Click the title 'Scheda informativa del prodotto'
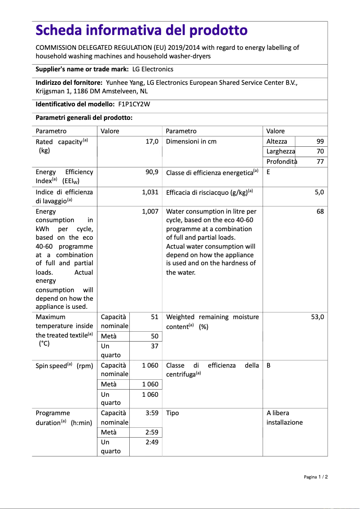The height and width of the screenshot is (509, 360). click(x=141, y=30)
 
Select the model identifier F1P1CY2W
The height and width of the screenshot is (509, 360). click(x=134, y=104)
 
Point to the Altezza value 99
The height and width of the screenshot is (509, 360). click(x=320, y=141)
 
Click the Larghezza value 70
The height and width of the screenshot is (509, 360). click(x=320, y=152)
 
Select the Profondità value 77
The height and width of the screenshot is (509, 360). click(x=320, y=162)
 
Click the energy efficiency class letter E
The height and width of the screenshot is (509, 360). click(x=268, y=172)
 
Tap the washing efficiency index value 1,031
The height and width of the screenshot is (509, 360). click(x=150, y=192)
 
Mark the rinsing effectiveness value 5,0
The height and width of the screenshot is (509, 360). click(x=319, y=192)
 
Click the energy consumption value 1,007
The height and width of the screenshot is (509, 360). click(x=150, y=211)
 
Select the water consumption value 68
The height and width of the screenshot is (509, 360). click(x=320, y=211)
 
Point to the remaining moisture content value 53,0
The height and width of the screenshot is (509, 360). click(x=317, y=317)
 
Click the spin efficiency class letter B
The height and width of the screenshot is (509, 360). click(x=268, y=365)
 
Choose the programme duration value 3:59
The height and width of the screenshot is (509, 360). click(x=152, y=413)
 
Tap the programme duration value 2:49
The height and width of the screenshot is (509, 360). click(x=152, y=442)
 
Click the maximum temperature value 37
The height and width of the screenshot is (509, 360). click(x=154, y=346)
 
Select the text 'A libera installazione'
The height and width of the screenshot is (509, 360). click(x=284, y=417)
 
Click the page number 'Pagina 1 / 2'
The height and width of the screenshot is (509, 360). click(x=316, y=477)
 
